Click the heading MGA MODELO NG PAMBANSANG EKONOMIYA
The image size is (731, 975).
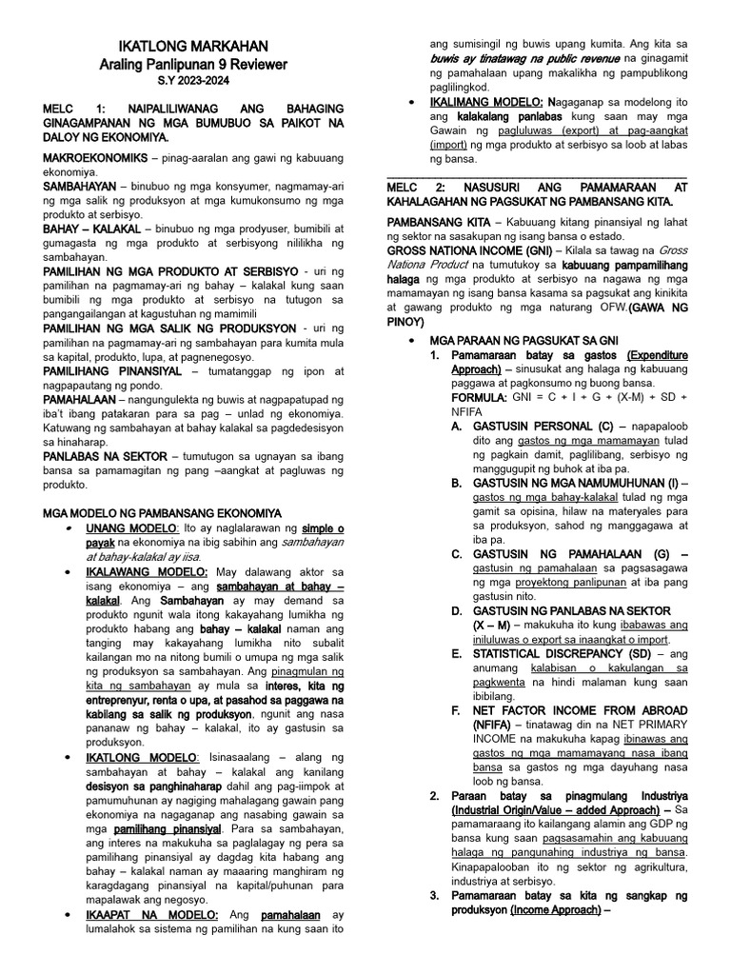163,511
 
